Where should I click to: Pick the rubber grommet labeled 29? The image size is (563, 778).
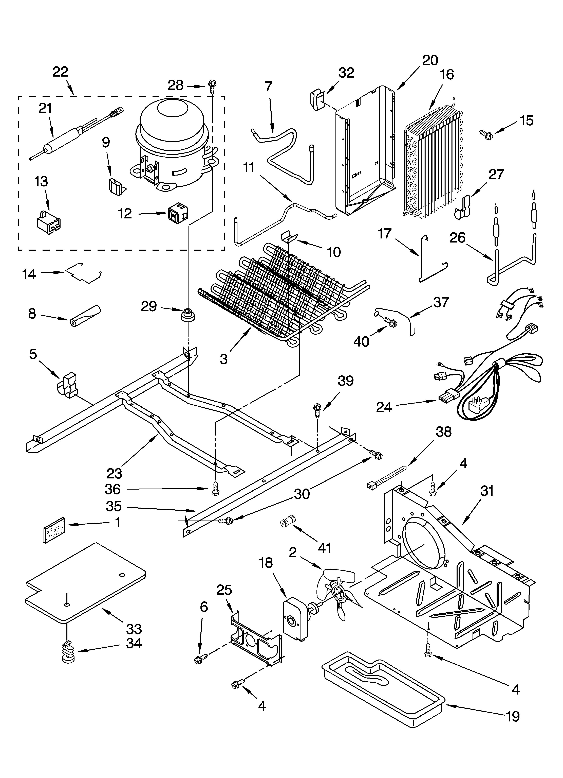(187, 315)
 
